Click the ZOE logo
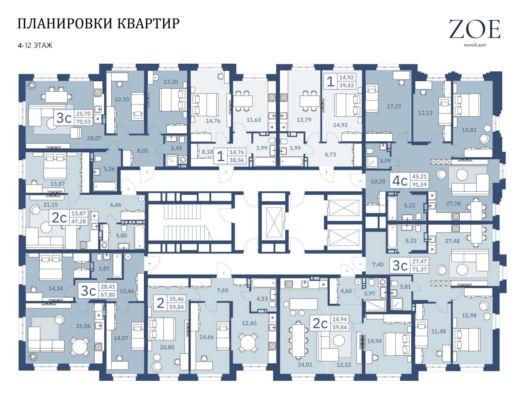coord(475,29)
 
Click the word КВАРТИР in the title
coord(149,24)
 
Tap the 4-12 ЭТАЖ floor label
coord(35,45)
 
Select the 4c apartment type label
coord(400,181)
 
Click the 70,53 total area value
coord(83,122)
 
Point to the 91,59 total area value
coord(419,184)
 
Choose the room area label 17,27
coord(394,106)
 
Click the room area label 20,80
coord(167,347)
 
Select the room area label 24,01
coord(305,364)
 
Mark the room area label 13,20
coord(170,82)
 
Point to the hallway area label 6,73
coord(330,154)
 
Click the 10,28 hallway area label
coord(378,181)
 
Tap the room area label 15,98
coord(469,315)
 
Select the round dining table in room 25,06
coord(80,346)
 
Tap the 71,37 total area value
coord(419,269)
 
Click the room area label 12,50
coord(122,99)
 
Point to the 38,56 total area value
coord(237,160)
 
